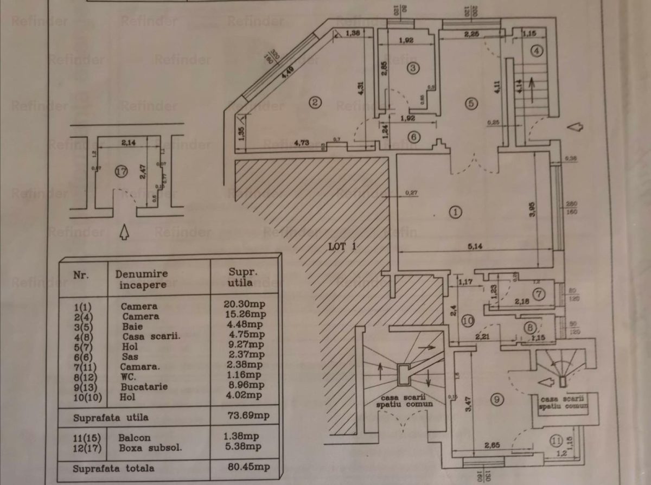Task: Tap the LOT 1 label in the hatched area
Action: point(342,246)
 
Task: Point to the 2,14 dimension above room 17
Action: point(129,143)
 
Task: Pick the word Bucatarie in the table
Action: point(144,387)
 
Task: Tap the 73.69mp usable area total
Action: point(245,417)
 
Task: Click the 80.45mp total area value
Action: point(245,466)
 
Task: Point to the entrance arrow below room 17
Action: point(124,233)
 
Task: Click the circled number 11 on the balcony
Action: point(555,440)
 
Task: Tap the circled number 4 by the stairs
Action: point(537,52)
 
